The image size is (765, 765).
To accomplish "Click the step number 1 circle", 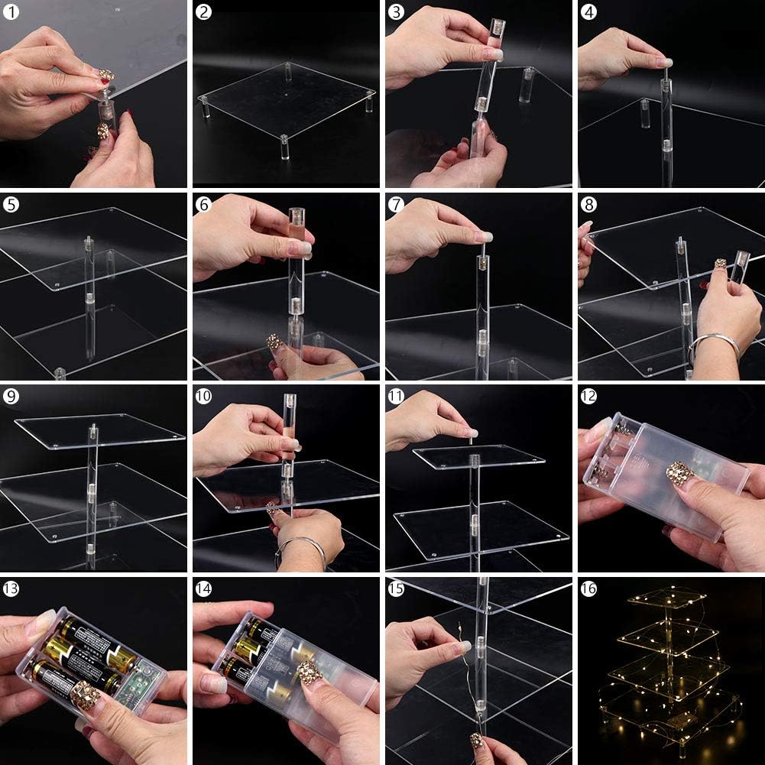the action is click(11, 11).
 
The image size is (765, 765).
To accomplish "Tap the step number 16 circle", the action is click(589, 589).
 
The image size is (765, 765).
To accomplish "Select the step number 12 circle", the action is click(589, 396).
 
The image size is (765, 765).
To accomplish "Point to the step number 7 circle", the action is click(396, 204).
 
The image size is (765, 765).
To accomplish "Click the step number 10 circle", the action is click(203, 396).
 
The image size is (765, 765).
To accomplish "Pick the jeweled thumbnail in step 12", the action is click(680, 472).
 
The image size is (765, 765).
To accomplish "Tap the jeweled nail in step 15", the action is click(477, 740).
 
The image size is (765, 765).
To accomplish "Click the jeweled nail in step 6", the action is click(274, 342).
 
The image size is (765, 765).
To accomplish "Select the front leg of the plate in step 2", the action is click(285, 147).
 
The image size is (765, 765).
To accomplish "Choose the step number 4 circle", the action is click(589, 11).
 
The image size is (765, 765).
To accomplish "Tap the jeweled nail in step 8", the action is click(720, 264).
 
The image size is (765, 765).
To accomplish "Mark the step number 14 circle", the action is click(203, 589).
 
